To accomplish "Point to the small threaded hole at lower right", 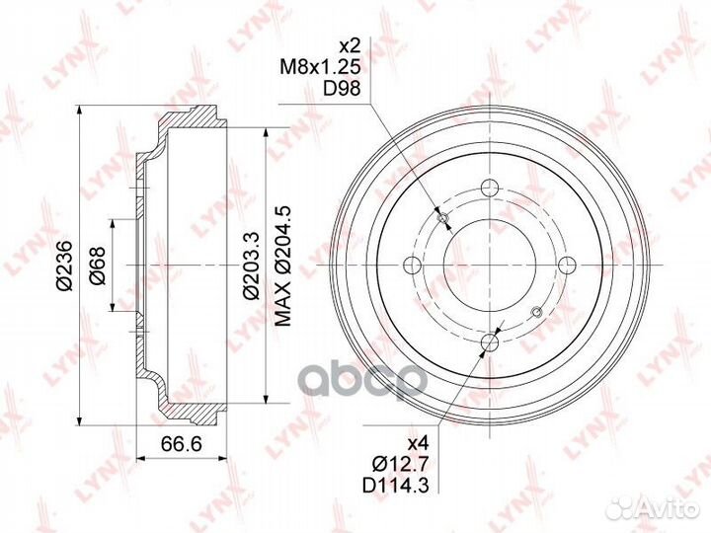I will pos(537,314).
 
